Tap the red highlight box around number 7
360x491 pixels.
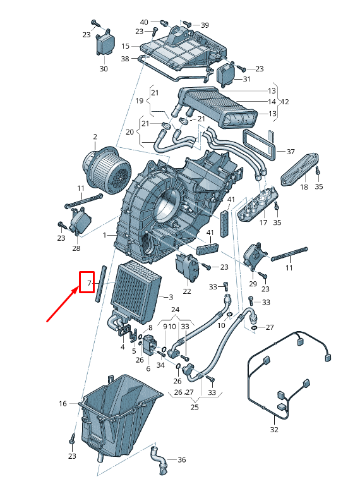pos(87,282)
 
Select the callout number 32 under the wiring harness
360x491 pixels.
pos(273,430)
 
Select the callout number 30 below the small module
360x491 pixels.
pos(104,69)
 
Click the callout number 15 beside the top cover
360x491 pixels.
pos(125,46)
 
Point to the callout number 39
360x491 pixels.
pos(205,25)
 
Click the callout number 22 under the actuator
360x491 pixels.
pos(187,291)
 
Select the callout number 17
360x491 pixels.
pos(263,222)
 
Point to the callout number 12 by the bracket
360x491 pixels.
pos(285,102)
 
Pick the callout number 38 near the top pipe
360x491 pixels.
pos(125,59)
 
